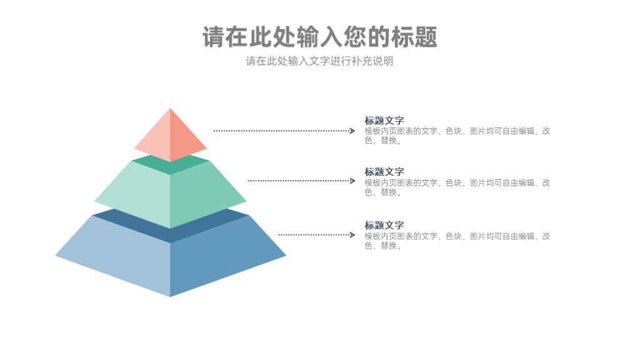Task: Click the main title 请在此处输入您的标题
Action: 319,37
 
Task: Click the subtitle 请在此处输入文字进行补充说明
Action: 319,61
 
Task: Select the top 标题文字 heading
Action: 384,121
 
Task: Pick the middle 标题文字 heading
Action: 384,172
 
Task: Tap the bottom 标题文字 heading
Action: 384,225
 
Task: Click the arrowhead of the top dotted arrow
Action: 352,131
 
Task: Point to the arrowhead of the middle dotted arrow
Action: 352,181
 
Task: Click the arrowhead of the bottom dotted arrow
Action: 352,235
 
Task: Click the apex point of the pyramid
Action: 170,108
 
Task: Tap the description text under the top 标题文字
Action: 457,136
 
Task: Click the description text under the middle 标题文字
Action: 457,187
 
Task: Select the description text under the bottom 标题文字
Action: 457,241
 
